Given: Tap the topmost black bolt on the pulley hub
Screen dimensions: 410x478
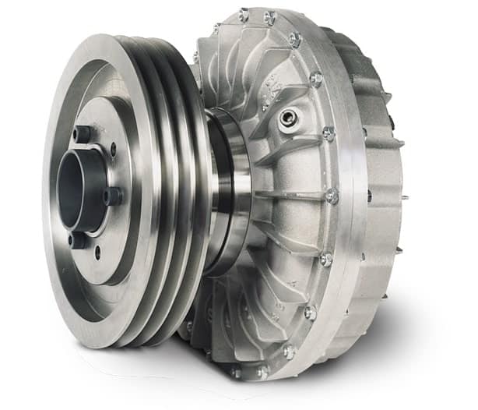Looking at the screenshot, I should coord(80,135).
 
